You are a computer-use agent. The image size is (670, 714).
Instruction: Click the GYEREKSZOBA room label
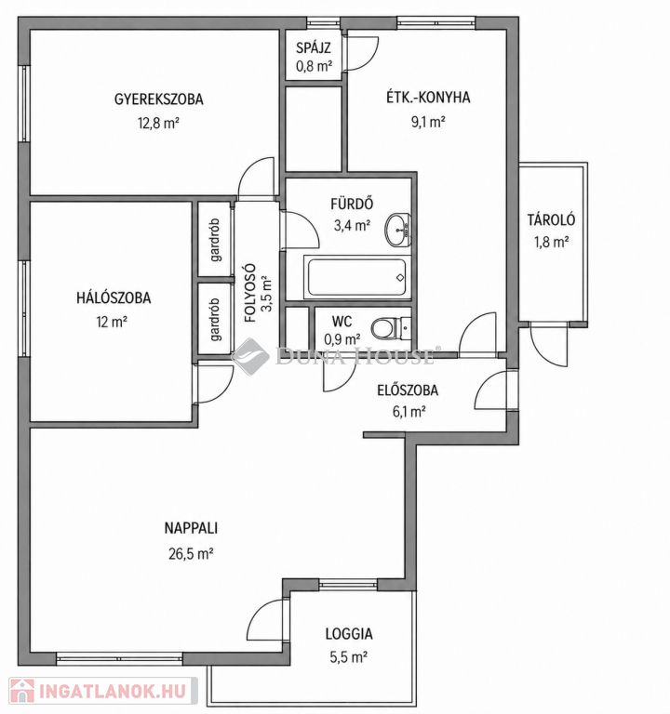158,99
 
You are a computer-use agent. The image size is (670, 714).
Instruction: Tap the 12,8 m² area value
158,123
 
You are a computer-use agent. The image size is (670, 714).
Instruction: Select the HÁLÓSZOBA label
114,297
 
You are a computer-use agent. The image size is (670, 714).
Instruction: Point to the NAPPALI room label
191,528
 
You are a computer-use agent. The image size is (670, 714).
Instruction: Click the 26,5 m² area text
192,554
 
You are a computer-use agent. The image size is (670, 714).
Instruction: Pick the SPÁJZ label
313,47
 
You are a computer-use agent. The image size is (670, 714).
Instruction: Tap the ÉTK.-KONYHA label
428,98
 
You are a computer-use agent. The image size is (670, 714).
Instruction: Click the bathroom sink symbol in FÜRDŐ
398,230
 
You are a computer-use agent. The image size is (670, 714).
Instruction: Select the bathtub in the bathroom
357,277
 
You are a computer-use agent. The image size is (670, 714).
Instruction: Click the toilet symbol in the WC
391,328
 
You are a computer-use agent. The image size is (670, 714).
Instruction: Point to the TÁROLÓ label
552,220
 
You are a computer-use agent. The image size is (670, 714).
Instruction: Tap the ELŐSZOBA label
408,390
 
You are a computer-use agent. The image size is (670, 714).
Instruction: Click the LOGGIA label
349,634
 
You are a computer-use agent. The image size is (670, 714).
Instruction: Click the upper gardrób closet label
215,240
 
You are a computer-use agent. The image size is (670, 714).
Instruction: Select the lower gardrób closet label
215,320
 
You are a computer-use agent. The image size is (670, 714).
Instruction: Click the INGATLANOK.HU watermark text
113,691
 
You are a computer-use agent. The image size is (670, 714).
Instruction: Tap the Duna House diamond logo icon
249,357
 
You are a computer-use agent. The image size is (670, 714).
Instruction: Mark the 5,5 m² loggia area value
349,657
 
